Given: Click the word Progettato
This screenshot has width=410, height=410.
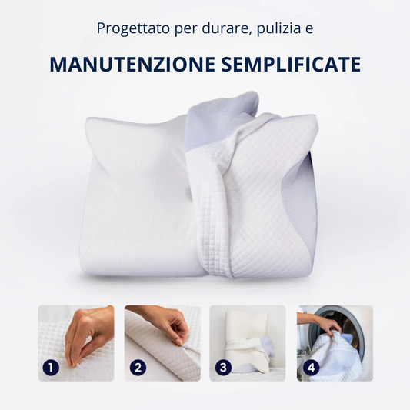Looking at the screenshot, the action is point(133,28).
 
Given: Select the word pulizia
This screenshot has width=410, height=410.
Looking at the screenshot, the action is point(278,28).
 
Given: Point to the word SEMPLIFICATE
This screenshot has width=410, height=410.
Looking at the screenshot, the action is point(291,64).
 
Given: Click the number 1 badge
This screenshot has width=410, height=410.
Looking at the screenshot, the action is point(51,368).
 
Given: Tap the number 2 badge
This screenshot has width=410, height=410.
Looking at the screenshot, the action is point(138,368).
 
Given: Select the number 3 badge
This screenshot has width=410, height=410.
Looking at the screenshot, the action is point(223,368).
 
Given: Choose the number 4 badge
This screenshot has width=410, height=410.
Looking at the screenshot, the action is point(312,368).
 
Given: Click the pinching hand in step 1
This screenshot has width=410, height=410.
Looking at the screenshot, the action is point(89,335).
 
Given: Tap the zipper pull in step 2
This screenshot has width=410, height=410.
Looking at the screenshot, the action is point(184,347).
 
